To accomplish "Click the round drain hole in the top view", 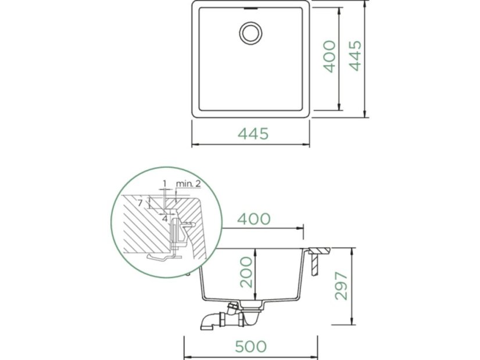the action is tap(250, 33).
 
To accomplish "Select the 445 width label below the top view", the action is tap(253, 134).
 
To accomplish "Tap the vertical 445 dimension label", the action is tap(356, 56).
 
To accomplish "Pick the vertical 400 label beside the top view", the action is tap(329, 56).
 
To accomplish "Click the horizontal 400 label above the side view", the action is tap(254, 219).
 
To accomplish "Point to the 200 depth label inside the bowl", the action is tap(246, 272).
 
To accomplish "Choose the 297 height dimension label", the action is tap(341, 286).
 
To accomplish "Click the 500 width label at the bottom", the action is tap(250, 347).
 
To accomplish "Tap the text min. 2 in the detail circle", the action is tap(188, 183).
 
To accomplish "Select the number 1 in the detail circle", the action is tap(164, 183).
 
